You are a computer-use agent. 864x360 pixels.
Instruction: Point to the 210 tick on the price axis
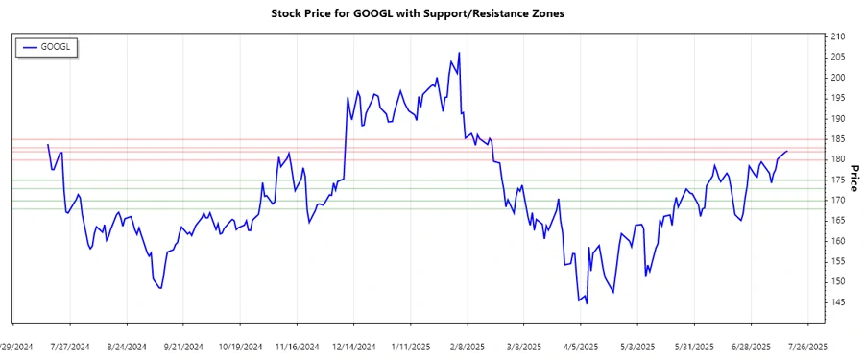(838, 36)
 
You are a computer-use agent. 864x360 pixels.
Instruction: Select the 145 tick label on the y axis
(838, 302)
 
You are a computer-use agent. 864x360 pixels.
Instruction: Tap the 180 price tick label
(838, 159)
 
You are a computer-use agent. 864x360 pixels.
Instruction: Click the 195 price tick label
(838, 98)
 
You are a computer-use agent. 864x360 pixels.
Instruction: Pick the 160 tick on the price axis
(838, 241)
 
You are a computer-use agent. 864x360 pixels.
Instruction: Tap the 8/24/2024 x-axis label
(127, 347)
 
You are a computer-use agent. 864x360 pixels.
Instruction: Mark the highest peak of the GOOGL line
(460, 53)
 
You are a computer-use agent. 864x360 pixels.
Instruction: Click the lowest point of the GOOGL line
(587, 303)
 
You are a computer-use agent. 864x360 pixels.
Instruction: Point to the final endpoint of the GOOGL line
(787, 151)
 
